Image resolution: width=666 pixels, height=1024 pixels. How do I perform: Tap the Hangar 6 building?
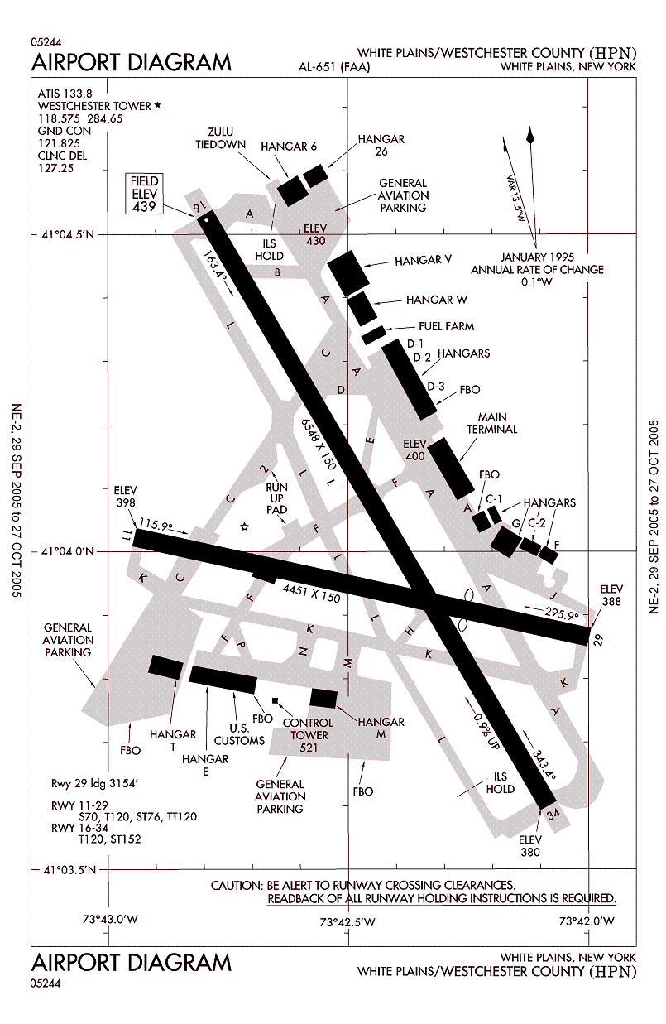[x=292, y=190]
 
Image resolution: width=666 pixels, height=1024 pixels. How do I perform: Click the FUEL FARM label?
[x=446, y=326]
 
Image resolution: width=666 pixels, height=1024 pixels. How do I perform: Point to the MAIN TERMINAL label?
[x=498, y=423]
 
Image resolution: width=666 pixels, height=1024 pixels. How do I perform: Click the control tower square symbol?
[x=276, y=700]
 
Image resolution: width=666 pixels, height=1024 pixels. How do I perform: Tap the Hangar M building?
[x=323, y=699]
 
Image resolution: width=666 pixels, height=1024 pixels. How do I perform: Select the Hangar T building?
[x=165, y=666]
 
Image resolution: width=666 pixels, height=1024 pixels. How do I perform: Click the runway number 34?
[x=554, y=815]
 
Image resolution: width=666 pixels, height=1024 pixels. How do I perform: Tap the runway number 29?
[x=598, y=637]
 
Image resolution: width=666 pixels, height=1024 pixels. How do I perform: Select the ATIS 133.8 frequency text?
[x=67, y=94]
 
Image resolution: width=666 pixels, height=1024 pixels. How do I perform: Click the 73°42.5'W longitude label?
[x=347, y=921]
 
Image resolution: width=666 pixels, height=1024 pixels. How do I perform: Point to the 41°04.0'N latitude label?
[x=68, y=551]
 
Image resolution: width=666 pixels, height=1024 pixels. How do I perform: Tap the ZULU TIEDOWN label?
[x=220, y=138]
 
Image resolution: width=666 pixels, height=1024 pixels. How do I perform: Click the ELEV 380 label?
[x=530, y=846]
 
